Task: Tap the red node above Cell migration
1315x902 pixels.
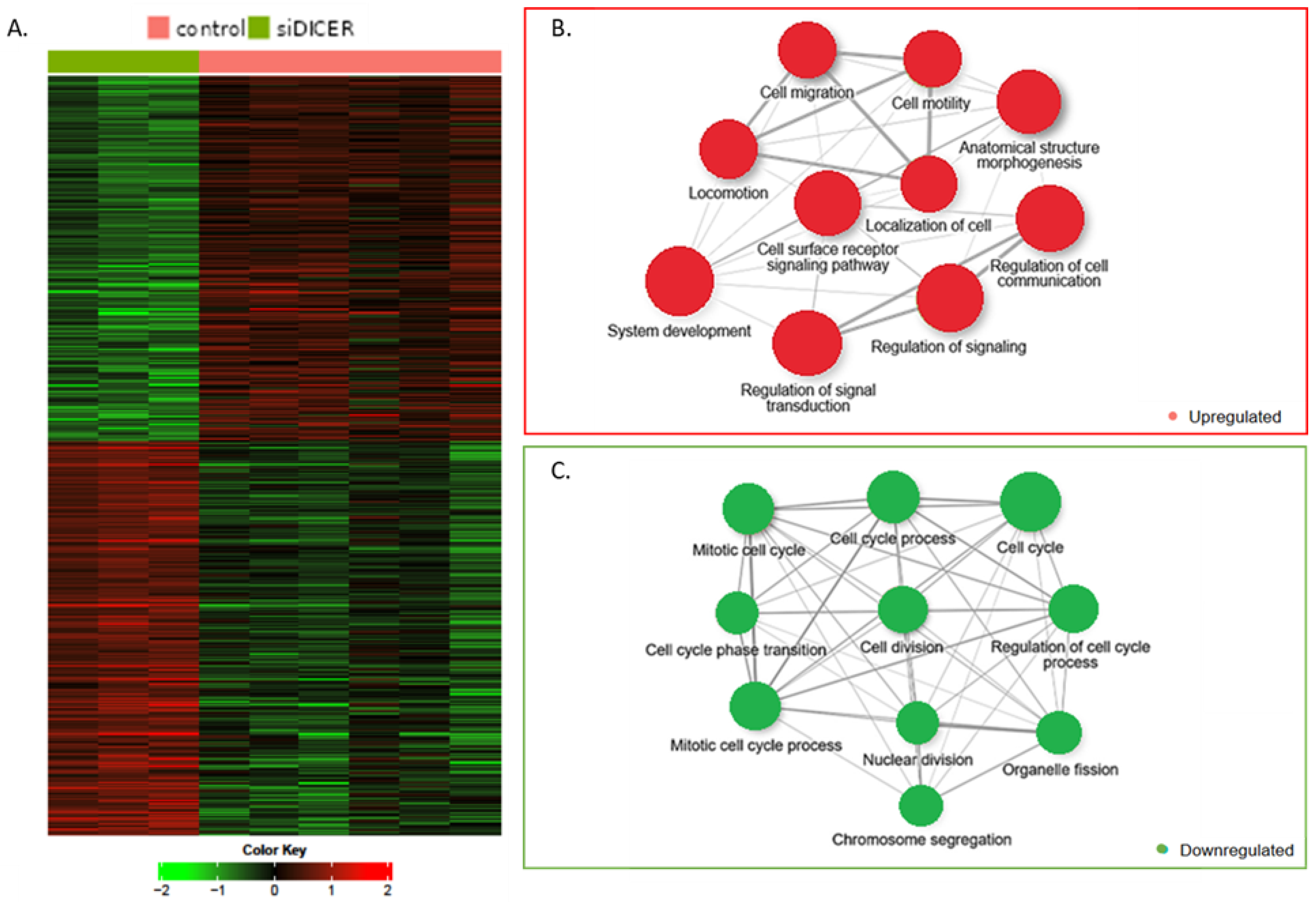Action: (x=807, y=50)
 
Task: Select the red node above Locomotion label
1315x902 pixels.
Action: (x=728, y=149)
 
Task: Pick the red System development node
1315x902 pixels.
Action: (x=679, y=281)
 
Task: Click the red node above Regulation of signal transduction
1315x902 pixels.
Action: (x=807, y=343)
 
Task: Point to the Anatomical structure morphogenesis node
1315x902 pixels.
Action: (x=1029, y=102)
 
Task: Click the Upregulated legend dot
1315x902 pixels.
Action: (x=1173, y=416)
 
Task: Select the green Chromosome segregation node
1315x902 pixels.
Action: (x=921, y=805)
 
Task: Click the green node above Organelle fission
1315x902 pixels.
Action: (x=1059, y=733)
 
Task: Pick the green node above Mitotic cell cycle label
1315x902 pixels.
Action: (x=748, y=508)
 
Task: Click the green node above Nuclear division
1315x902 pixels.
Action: (x=917, y=723)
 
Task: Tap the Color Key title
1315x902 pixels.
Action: (x=274, y=850)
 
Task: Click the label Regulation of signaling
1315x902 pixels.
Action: (x=948, y=346)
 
